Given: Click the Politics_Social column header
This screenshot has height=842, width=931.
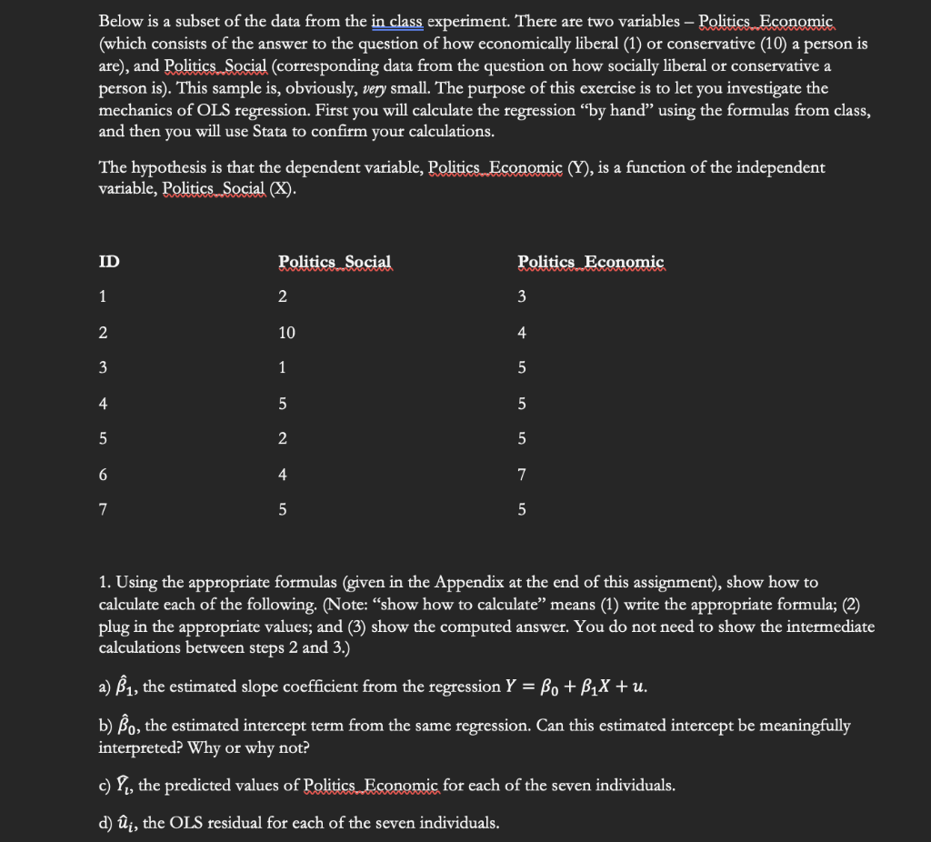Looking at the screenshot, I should pos(335,262).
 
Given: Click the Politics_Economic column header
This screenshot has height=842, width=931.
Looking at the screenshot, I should pos(591,262).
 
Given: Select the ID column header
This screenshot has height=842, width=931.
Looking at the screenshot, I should pos(108,262).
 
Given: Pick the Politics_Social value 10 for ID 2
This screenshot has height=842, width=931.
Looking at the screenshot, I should pos(286,333).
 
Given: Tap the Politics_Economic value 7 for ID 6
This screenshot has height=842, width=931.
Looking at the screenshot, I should pos(522,474).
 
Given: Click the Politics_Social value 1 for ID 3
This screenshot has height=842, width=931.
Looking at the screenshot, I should pos(283,368).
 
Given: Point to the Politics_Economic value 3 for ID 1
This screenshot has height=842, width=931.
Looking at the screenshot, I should pos(522,297).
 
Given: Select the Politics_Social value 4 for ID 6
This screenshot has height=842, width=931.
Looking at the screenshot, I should pos(283,474).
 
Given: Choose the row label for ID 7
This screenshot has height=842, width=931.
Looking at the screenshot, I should pos(104,509).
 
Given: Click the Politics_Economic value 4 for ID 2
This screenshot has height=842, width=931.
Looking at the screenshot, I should pos(522,333).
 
